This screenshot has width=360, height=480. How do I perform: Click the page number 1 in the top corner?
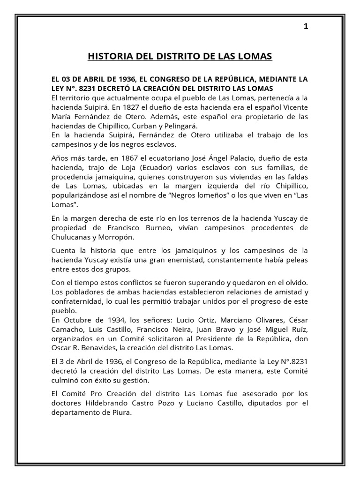[306, 27]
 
